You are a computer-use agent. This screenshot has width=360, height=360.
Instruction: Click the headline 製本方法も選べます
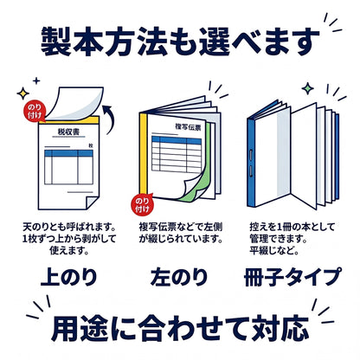click(x=180, y=42)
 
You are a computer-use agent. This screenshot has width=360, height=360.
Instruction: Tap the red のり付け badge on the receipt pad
click(x=34, y=111)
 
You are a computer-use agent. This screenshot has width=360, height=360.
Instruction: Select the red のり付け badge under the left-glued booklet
click(x=142, y=204)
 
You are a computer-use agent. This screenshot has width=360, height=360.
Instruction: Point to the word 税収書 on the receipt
click(x=68, y=132)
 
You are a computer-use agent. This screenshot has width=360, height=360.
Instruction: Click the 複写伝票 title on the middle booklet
click(x=188, y=127)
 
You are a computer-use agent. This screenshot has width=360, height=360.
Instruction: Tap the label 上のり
click(x=69, y=277)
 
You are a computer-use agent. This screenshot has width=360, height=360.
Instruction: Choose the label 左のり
click(x=179, y=277)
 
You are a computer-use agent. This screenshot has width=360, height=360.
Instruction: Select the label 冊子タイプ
click(x=292, y=277)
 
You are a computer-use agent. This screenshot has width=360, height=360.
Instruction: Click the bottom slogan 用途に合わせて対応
click(x=180, y=329)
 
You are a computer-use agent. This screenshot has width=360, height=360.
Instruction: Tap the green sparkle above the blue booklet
click(x=308, y=88)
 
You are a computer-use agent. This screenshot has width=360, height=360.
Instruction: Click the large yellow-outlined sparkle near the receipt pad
click(x=22, y=93)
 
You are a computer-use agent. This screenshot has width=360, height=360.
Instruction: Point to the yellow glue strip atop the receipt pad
click(x=69, y=120)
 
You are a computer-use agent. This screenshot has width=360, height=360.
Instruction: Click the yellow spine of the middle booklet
click(x=144, y=153)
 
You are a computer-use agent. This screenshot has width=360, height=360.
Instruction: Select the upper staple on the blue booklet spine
click(x=250, y=155)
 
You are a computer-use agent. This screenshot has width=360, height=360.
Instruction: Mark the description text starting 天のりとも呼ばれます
click(x=69, y=239)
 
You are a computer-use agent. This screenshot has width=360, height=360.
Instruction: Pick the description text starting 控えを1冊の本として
click(x=292, y=239)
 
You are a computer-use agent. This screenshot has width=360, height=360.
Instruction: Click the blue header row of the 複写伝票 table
click(x=177, y=140)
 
